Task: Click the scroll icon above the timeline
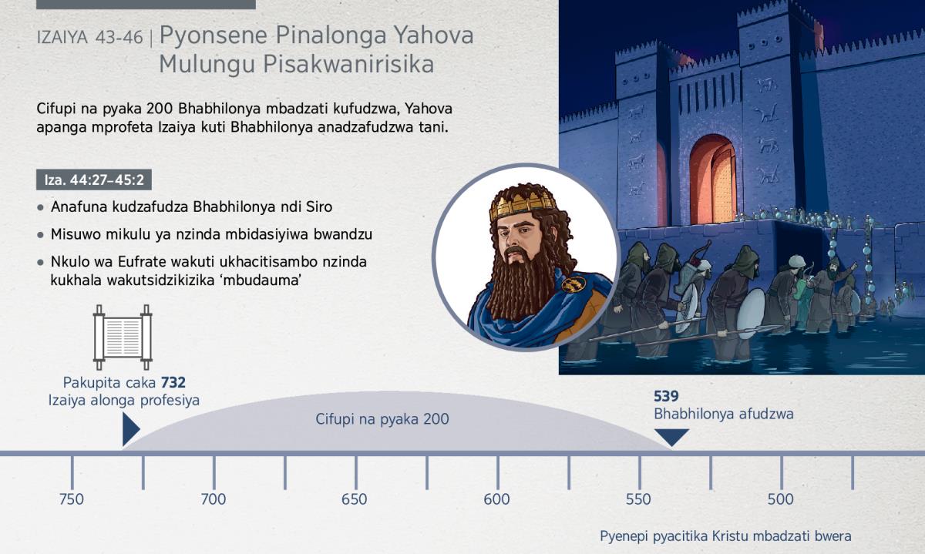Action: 123,337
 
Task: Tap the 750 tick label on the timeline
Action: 72,499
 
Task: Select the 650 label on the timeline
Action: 355,499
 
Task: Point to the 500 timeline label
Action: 780,499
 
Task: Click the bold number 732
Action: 173,383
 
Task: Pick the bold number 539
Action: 666,396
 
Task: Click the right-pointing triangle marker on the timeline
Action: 131,429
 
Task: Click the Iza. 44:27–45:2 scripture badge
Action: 94,180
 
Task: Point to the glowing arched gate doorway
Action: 712,180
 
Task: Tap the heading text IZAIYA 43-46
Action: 89,38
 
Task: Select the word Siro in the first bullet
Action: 319,206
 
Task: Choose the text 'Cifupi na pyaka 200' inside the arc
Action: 382,419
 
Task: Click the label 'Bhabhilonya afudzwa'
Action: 724,414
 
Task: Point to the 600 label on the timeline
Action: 496,499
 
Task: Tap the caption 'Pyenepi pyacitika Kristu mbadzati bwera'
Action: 725,536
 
